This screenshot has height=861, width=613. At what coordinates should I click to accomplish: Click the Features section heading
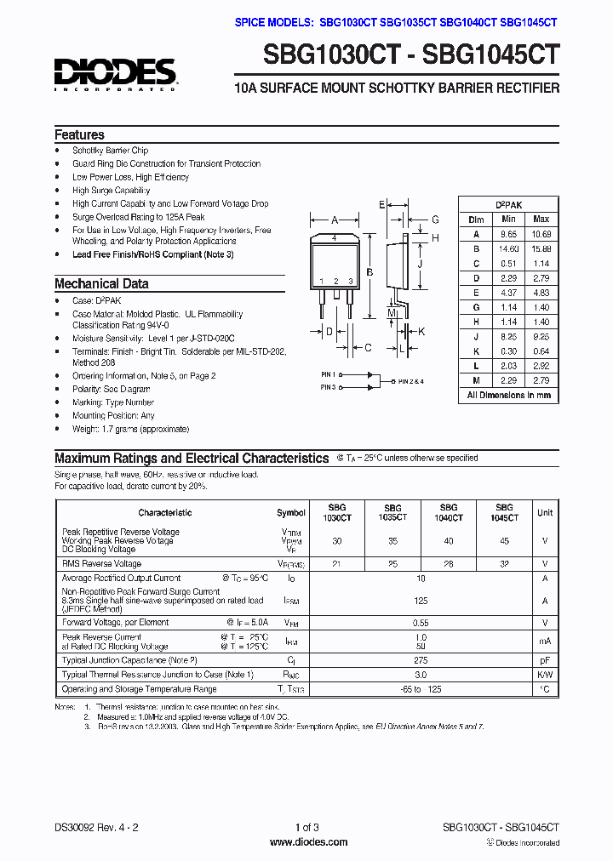click(79, 134)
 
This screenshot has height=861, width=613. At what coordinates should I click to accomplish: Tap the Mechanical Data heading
click(101, 284)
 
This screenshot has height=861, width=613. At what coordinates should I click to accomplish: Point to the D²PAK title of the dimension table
click(509, 205)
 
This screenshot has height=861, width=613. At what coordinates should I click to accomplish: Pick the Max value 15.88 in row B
click(541, 248)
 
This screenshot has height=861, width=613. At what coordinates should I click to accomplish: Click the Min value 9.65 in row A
click(507, 234)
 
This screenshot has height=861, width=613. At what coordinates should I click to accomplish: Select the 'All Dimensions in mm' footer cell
click(509, 395)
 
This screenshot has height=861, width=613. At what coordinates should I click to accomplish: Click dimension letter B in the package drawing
click(369, 272)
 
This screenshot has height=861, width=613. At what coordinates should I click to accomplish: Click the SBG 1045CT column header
click(504, 512)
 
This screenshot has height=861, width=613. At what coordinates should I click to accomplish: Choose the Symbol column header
click(291, 513)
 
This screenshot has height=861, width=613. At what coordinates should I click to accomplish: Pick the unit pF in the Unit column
click(545, 659)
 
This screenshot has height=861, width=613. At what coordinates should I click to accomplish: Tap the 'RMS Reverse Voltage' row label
click(101, 563)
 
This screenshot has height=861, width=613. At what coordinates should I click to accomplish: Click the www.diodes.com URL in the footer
click(307, 842)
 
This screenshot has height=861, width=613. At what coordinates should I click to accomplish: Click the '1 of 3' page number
click(306, 827)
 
